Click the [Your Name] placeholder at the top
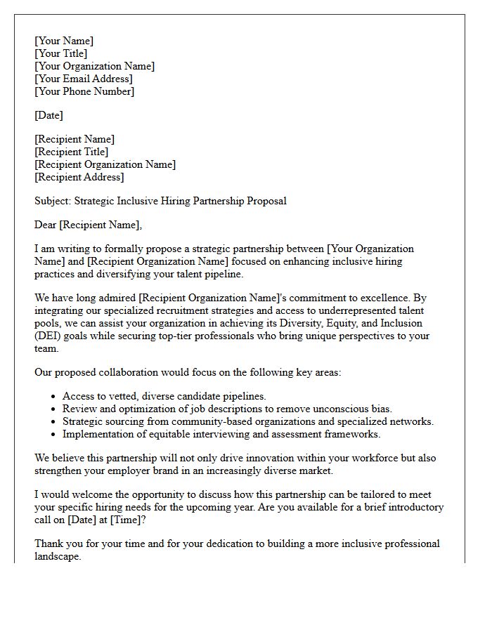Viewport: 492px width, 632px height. [x=64, y=41]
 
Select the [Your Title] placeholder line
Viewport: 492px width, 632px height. [x=61, y=53]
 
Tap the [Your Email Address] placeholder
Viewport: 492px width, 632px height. [x=83, y=79]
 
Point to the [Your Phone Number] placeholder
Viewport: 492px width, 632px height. [x=84, y=91]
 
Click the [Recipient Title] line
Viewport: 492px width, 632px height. [x=71, y=152]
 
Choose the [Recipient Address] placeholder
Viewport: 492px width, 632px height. [x=79, y=177]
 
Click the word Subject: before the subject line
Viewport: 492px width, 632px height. [x=53, y=201]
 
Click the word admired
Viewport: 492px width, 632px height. [x=116, y=298]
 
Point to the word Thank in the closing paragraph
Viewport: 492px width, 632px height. [x=49, y=544]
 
